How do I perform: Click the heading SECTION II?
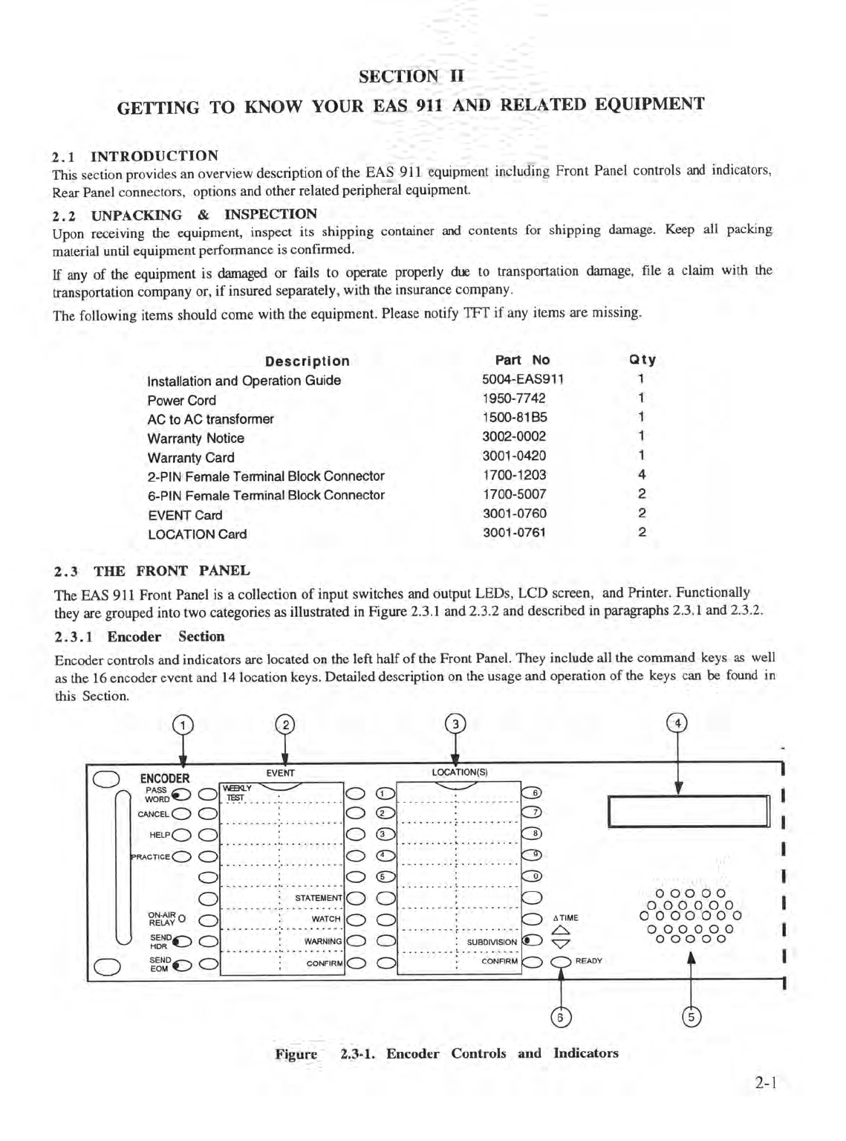tap(411, 76)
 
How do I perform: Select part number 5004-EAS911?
tap(522, 379)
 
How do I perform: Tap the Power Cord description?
tap(181, 400)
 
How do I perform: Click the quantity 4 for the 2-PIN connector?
tap(642, 474)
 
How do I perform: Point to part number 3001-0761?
tap(514, 532)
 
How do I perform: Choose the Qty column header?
tap(642, 360)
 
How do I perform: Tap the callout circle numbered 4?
tap(677, 723)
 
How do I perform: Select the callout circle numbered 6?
tap(561, 1017)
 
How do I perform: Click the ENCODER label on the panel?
tap(165, 778)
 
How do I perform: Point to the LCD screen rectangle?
tap(688, 811)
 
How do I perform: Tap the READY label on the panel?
tap(589, 961)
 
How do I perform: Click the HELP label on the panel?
tap(159, 835)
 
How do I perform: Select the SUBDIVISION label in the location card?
tap(492, 942)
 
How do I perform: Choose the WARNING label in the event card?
tap(322, 942)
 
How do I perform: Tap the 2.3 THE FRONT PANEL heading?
tap(152, 571)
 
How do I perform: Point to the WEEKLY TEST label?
tap(238, 792)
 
